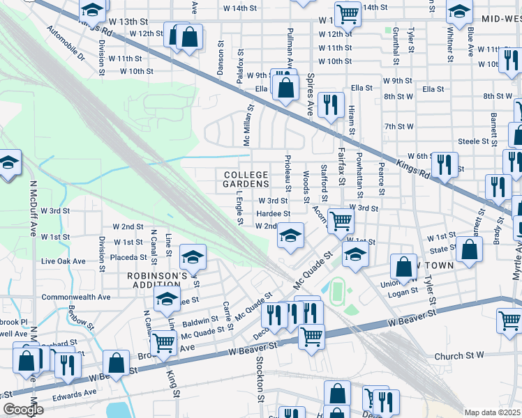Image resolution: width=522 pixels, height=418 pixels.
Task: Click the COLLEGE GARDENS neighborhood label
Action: tap(245, 178)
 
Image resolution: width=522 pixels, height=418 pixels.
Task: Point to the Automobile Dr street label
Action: tap(66, 42)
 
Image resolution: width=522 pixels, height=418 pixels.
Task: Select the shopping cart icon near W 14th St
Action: tap(347, 13)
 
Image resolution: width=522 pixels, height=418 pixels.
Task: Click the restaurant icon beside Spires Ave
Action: tap(330, 104)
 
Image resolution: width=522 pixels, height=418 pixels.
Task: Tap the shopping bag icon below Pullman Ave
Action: tap(285, 88)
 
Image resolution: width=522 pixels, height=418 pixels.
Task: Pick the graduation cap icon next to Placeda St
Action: tap(193, 258)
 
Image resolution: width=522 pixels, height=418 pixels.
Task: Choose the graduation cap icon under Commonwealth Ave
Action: tap(167, 300)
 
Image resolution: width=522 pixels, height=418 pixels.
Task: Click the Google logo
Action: tap(23, 410)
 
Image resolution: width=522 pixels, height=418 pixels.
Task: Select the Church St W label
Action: tap(458, 356)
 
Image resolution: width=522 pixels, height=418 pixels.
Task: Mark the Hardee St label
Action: tap(273, 214)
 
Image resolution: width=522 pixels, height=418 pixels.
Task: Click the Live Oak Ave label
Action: tap(64, 261)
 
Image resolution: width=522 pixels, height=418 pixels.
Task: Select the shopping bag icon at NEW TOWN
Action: tap(403, 266)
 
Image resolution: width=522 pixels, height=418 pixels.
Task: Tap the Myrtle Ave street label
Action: tap(516, 261)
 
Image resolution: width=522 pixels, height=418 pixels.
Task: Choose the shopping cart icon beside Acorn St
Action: tap(340, 221)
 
